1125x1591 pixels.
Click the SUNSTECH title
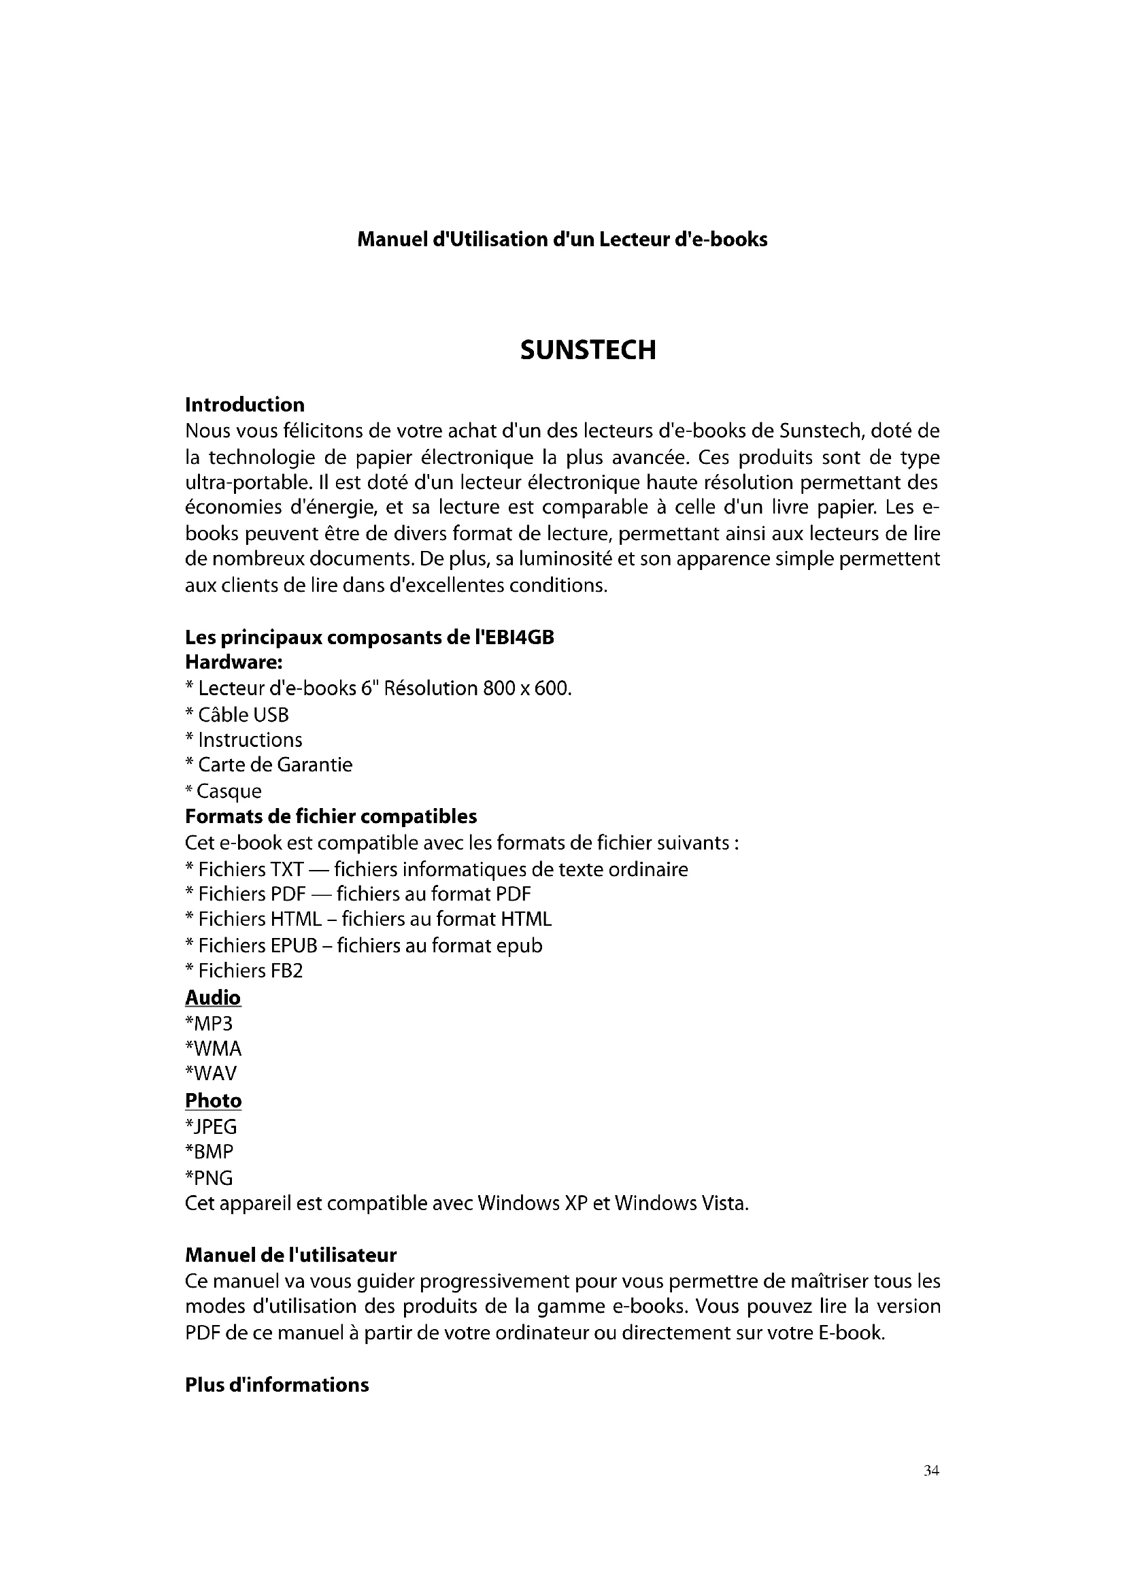(588, 350)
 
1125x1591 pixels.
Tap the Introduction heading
(245, 405)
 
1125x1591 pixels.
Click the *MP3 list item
(209, 1024)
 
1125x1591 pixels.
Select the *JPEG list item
(211, 1126)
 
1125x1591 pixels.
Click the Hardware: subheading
(233, 663)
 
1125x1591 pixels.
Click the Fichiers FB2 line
(244, 971)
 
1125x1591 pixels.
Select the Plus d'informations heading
(276, 1385)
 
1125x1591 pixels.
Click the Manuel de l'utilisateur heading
(290, 1255)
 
